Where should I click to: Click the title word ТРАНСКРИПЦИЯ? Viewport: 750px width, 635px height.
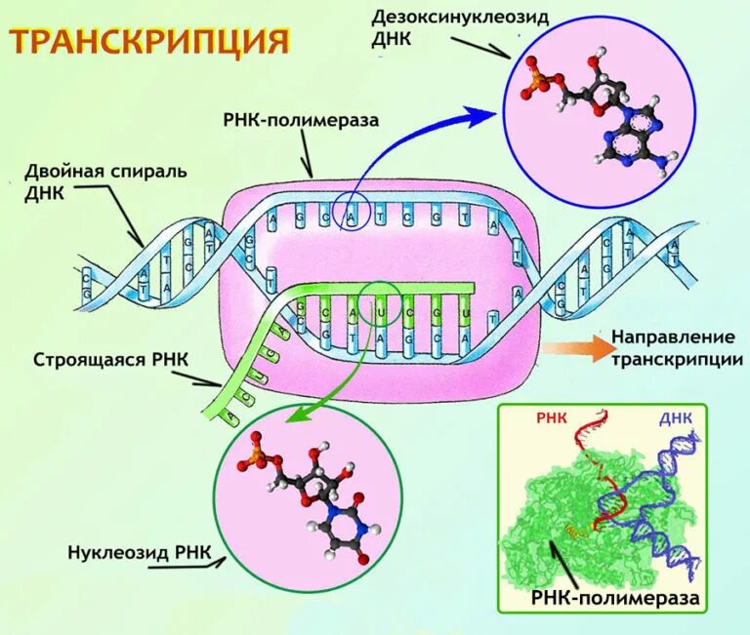coord(150,42)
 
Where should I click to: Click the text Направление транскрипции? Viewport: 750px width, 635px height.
coord(675,348)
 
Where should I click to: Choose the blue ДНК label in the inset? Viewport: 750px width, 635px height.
coord(676,417)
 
